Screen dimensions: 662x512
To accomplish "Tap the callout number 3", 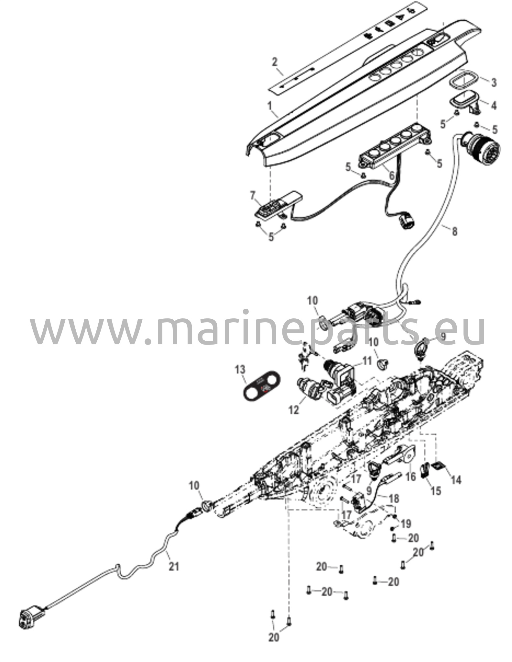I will (x=494, y=83).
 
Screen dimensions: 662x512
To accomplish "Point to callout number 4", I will (x=494, y=105).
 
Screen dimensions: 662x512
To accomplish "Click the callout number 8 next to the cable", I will (x=454, y=231).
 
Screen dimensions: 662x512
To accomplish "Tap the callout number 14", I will (x=456, y=480).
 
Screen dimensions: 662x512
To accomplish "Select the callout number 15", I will (x=436, y=491).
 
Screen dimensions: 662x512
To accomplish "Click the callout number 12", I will (x=294, y=410).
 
